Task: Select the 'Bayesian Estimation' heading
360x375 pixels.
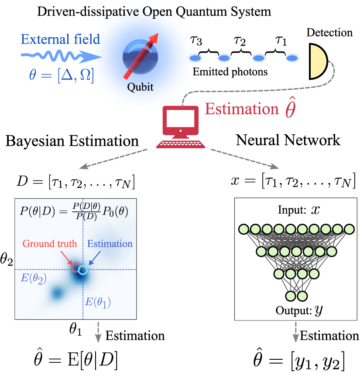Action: click(x=72, y=140)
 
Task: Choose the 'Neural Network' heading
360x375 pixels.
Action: click(x=288, y=140)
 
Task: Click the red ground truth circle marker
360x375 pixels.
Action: click(x=75, y=267)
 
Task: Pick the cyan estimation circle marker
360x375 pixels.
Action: click(x=83, y=270)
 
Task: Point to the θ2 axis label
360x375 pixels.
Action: click(x=7, y=262)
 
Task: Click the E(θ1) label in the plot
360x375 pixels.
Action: click(x=97, y=302)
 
